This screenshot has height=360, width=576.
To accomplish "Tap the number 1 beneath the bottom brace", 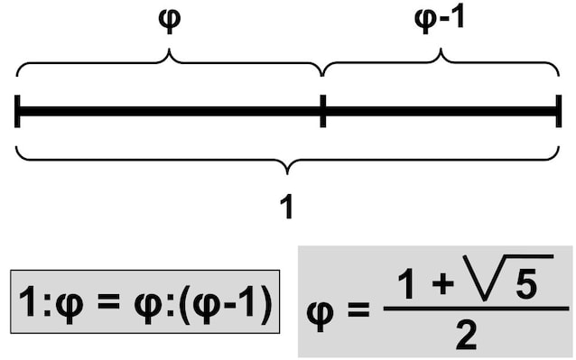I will tap(287, 208).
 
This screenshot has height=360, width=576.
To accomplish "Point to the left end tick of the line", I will tap(18, 111).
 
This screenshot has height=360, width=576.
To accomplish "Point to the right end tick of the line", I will tap(558, 111).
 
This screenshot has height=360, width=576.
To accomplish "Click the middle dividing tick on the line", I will tap(322, 111).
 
